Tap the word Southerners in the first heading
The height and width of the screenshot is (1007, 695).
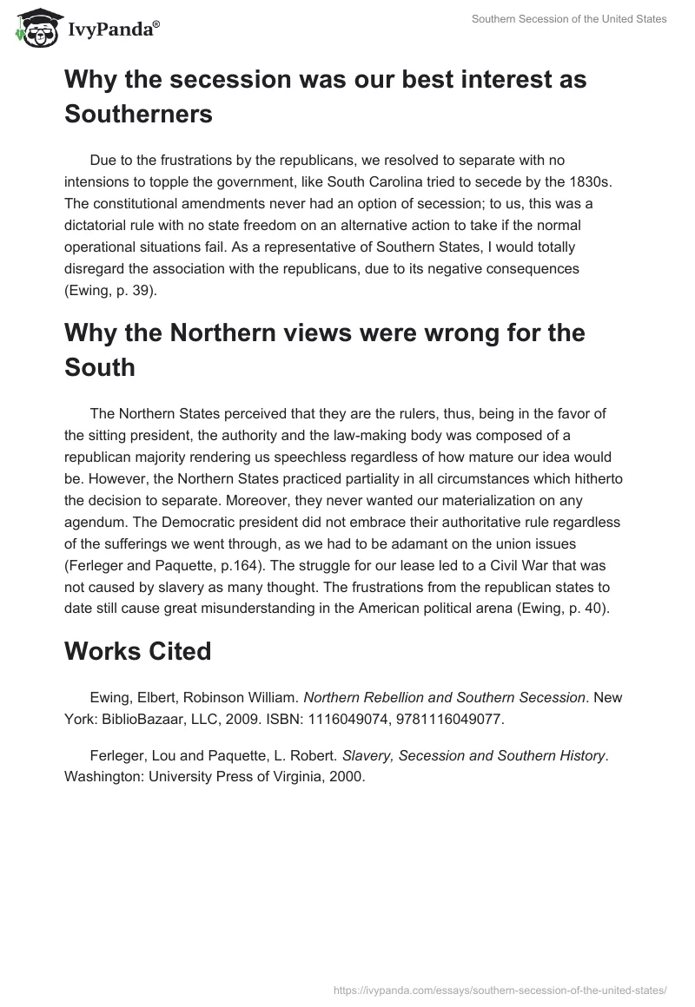tap(139, 114)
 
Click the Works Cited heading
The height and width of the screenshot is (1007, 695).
tap(138, 652)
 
